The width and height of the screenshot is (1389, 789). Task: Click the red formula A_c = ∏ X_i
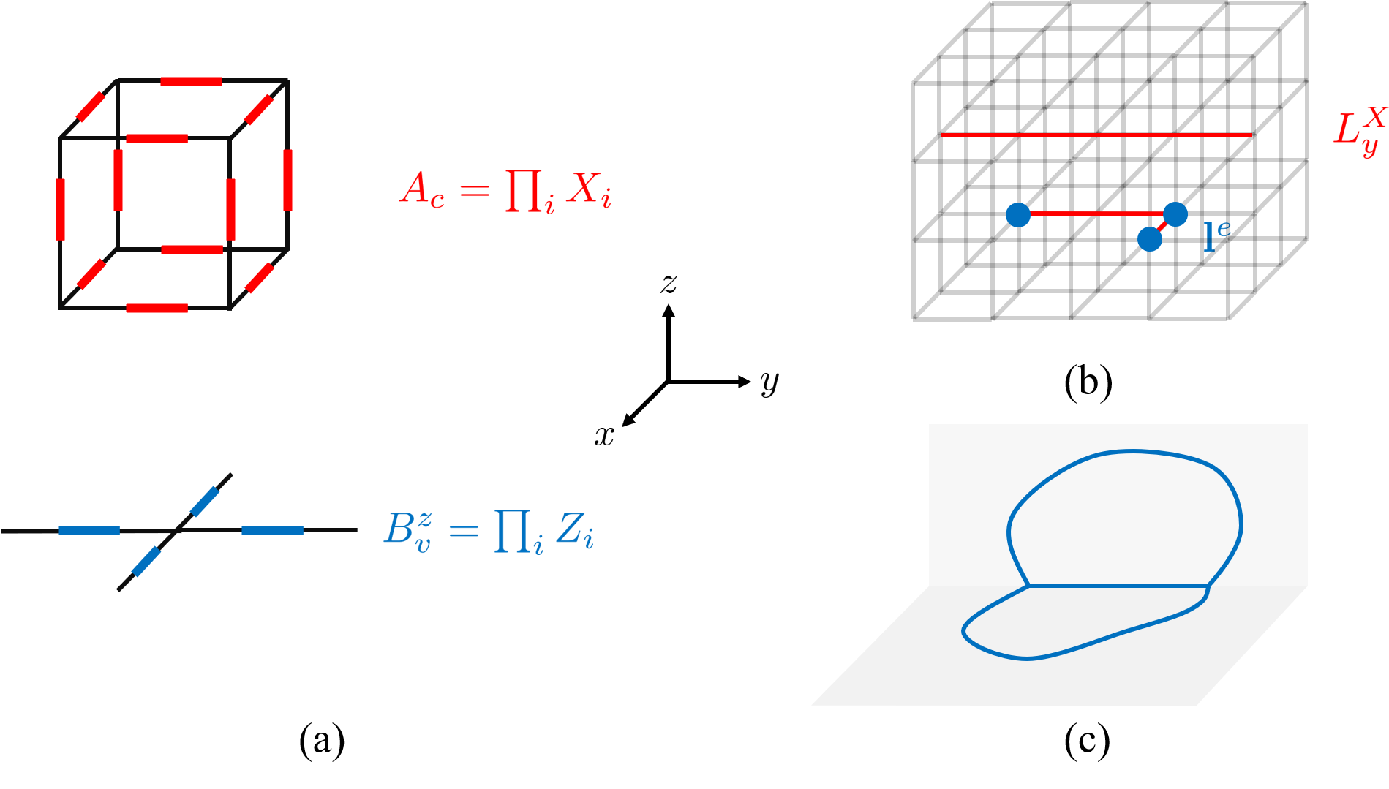point(504,192)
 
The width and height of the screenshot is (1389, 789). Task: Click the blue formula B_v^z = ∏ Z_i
point(488,532)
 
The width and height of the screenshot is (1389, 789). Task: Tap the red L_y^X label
point(1360,132)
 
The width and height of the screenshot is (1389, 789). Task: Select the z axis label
point(669,284)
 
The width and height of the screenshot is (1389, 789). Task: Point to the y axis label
point(769,384)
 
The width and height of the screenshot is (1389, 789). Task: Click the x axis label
point(604,437)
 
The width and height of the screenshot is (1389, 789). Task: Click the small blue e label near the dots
point(1218,236)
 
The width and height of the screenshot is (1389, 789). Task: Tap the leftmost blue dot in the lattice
point(1018,215)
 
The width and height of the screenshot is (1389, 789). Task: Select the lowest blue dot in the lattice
point(1150,239)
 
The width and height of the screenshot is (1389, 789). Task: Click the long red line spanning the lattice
point(1096,135)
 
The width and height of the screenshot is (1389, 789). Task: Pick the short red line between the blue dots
point(1096,214)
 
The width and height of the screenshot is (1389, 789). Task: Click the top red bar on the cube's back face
point(191,81)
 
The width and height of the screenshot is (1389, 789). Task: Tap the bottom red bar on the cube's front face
point(157,308)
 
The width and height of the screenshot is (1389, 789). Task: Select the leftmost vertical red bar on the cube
point(61,209)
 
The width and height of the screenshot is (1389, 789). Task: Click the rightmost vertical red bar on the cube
point(287,180)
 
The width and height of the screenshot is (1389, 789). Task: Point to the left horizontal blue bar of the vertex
point(89,530)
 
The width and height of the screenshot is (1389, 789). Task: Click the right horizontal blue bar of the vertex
point(272,530)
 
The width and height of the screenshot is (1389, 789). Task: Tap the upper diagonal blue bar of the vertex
point(205,502)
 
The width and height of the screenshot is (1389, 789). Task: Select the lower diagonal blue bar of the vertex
point(146,562)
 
